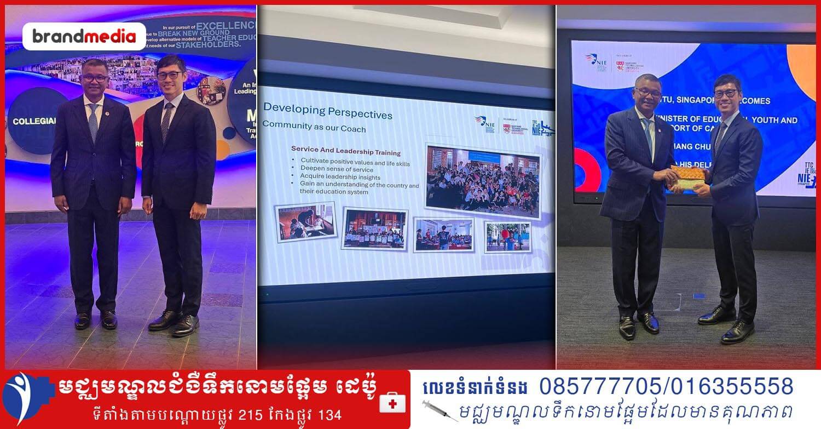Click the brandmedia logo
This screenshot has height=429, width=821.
[x=84, y=37]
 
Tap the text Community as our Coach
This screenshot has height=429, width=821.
[x=314, y=125]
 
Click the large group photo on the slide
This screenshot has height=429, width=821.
[x=482, y=181]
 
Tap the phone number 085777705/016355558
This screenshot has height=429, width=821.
[x=666, y=387]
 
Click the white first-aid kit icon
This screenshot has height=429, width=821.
[x=392, y=403]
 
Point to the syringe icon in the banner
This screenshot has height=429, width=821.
[x=440, y=410]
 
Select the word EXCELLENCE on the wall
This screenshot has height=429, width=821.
[x=225, y=25]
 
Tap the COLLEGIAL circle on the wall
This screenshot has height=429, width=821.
[x=35, y=121]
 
